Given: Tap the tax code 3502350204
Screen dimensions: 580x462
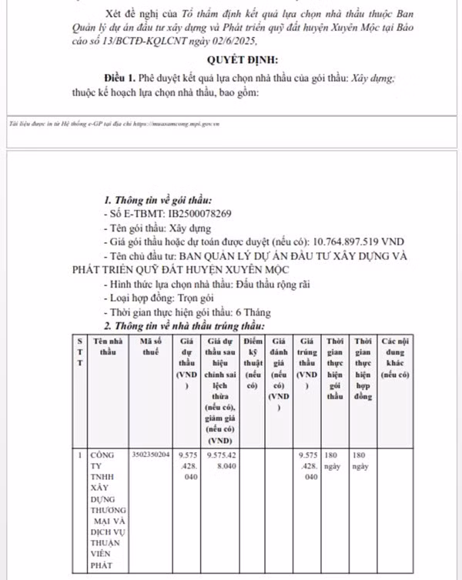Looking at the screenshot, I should coord(151,455).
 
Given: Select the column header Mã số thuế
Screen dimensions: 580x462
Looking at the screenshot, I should coord(150,345).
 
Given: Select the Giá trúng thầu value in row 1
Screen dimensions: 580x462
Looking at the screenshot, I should coord(307,465).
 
